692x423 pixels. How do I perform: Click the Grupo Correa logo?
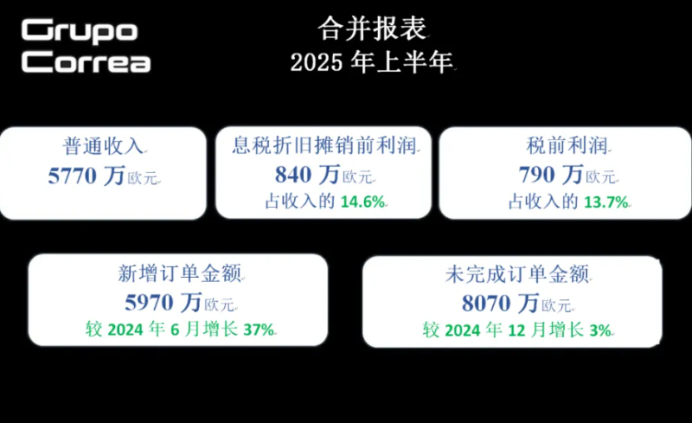(86, 46)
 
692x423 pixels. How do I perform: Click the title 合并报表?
(372, 29)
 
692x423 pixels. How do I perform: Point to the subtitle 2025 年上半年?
(372, 61)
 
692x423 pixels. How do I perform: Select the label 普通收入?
(103, 146)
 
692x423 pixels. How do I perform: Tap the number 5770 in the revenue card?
(72, 176)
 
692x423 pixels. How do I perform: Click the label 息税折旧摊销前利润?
(324, 145)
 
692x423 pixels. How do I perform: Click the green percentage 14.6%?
(362, 202)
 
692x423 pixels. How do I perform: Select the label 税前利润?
(567, 145)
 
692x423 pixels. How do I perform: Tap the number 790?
(535, 175)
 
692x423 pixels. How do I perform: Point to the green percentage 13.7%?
(606, 202)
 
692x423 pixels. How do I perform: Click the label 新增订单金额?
(180, 273)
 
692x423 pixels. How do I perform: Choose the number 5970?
(149, 303)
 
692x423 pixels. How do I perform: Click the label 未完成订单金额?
(517, 274)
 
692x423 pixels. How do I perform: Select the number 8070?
(486, 304)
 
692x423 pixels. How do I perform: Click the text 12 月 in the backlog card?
(527, 330)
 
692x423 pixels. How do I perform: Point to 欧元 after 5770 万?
(143, 178)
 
